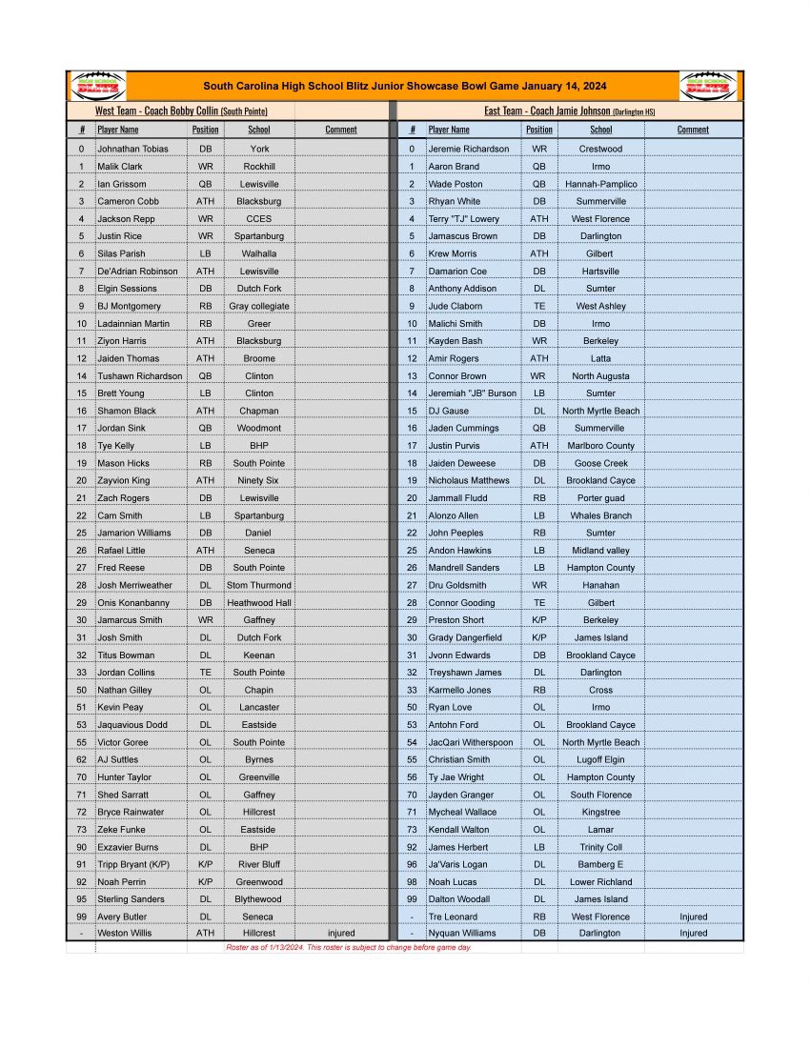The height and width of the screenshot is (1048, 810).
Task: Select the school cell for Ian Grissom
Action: pyautogui.click(x=259, y=184)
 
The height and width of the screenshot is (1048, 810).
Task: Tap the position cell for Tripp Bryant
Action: pyautogui.click(x=205, y=864)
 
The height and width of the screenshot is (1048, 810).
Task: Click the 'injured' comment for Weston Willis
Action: pyautogui.click(x=340, y=934)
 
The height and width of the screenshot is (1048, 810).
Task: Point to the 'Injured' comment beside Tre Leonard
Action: pyautogui.click(x=693, y=917)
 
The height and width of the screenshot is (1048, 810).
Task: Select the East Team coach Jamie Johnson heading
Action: pyautogui.click(x=569, y=111)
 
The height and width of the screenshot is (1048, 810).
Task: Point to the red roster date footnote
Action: pyautogui.click(x=348, y=948)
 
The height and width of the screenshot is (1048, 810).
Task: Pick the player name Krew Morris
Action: pyautogui.click(x=452, y=253)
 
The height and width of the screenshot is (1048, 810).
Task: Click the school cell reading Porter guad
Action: pyautogui.click(x=600, y=498)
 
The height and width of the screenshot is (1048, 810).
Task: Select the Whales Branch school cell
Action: pyautogui.click(x=600, y=515)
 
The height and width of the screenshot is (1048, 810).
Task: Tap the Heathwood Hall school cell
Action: pyautogui.click(x=259, y=603)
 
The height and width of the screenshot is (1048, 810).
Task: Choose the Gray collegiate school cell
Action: pyautogui.click(x=259, y=306)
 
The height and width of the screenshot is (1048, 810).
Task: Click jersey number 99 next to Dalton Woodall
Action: pyautogui.click(x=412, y=899)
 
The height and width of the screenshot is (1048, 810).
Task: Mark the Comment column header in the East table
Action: pyautogui.click(x=693, y=130)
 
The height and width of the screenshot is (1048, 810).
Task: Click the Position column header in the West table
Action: pyautogui.click(x=205, y=130)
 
